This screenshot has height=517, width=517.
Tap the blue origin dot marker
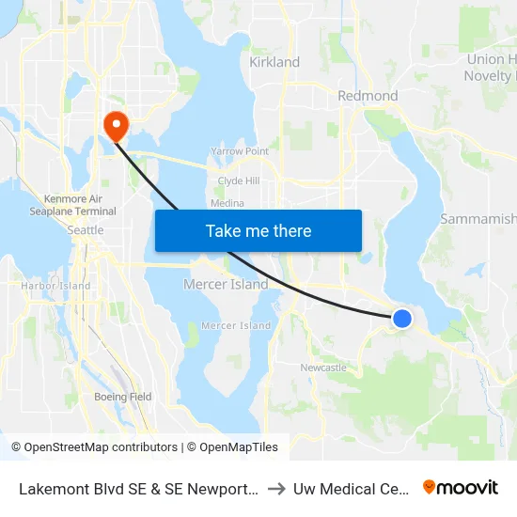pyautogui.click(x=401, y=319)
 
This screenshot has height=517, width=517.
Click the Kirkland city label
pyautogui.click(x=274, y=62)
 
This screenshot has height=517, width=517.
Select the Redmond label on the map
pyautogui.click(x=368, y=96)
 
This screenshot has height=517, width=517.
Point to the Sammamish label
pyautogui.click(x=478, y=219)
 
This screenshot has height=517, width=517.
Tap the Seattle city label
pyautogui.click(x=86, y=230)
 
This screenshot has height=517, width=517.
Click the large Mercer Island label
pyautogui.click(x=226, y=284)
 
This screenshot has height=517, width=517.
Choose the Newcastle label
pyautogui.click(x=322, y=368)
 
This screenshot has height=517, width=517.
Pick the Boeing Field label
pyautogui.click(x=122, y=397)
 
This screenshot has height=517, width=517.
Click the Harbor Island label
pyautogui.click(x=55, y=286)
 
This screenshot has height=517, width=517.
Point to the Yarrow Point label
pyautogui.click(x=240, y=150)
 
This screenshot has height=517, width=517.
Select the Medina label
pyautogui.click(x=227, y=203)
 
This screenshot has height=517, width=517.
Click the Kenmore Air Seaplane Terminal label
pyautogui.click(x=80, y=205)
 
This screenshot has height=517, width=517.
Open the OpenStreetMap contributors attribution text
pyautogui.click(x=92, y=447)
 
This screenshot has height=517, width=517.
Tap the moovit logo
pyautogui.click(x=461, y=487)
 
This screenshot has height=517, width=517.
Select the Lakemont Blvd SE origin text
pyautogui.click(x=136, y=488)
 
